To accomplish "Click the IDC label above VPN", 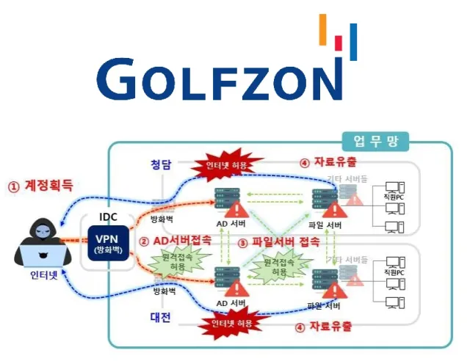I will coord(109,219).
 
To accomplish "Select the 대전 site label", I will coord(160,318).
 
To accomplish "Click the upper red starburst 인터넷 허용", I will coord(225,164).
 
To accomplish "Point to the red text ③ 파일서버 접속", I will coord(278,242).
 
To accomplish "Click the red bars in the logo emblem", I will coord(339,43).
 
